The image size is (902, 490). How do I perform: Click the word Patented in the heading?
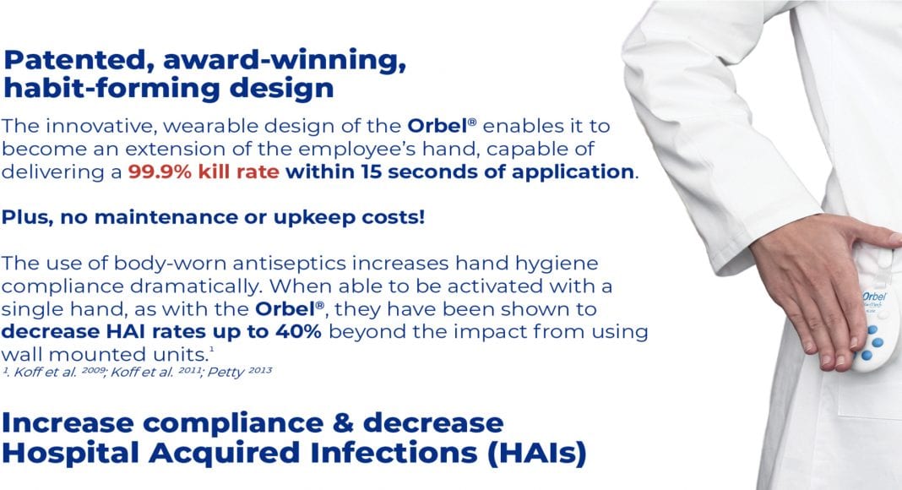[x=79, y=60]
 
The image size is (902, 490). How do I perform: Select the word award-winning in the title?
[x=285, y=60]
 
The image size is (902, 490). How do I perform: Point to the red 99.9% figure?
[x=160, y=172]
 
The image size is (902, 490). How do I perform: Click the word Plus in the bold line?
[x=26, y=217]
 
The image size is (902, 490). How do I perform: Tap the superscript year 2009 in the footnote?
[x=93, y=370]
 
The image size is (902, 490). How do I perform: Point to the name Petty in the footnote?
[x=226, y=373]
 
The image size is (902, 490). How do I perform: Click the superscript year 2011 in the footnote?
[x=188, y=370]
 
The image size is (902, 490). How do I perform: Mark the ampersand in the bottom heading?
[x=343, y=422]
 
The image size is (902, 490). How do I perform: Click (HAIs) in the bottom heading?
[x=536, y=453]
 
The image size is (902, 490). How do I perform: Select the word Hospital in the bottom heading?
[x=71, y=453]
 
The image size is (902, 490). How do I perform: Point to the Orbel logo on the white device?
[x=874, y=297]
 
